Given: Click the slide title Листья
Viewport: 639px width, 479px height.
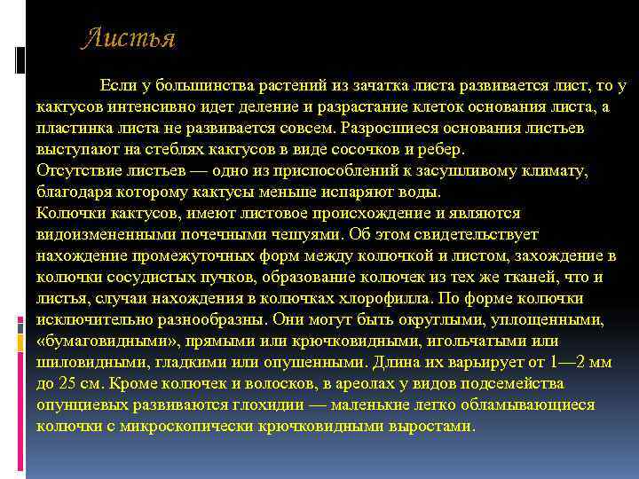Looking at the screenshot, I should click(x=129, y=40).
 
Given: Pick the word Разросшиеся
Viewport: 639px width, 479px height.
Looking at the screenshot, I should click(x=375, y=129).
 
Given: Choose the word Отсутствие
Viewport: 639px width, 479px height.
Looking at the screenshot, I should click(x=78, y=171).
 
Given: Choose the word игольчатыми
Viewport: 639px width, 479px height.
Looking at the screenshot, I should click(x=476, y=342).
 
